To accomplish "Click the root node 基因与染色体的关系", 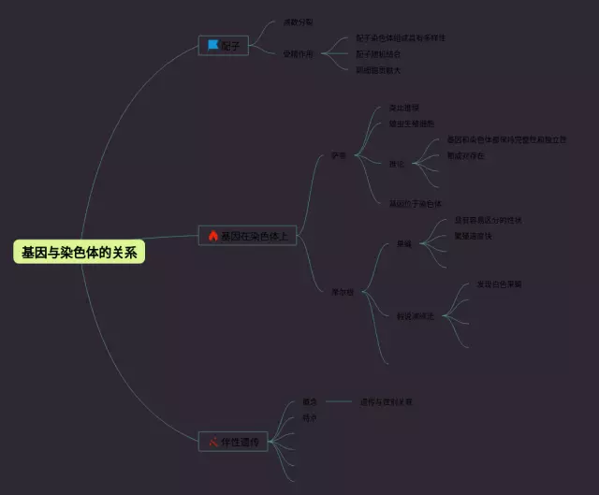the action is pos(80,252).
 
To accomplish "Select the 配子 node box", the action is pos(224,45).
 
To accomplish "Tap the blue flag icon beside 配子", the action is pos(213,45).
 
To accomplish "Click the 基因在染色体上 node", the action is pos(247,236).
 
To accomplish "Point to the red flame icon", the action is pos(212,236).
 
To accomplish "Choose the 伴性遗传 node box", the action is pos(234,442).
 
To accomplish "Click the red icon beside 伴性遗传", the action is pos(213,442).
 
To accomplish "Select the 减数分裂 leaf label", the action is pos(298,22).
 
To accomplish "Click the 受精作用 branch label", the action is pos(298,53).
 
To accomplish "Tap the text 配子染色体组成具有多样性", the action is pos(401,38).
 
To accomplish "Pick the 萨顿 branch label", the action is pos(338,156).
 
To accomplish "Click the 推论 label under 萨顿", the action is pos(397,164).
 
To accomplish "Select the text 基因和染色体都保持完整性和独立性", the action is pos(506,139).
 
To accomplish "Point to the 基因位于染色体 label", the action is pos(415,203).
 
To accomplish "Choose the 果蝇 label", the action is pos(403,244).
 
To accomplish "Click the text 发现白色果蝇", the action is pos(499,284).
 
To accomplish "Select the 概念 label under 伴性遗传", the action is pos(309,402).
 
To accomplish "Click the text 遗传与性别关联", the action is pos(386,402).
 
